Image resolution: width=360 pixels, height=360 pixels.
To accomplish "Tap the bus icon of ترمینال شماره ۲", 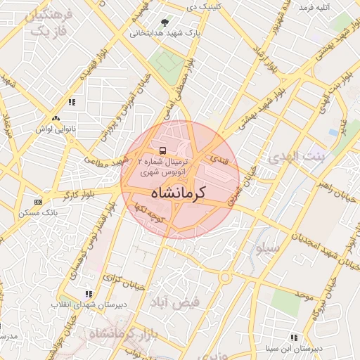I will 163,150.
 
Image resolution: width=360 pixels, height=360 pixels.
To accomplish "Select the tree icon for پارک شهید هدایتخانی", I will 165,22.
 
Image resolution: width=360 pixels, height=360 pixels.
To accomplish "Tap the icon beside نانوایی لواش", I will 56,118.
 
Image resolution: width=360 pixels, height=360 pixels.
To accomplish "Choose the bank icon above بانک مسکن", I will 37,202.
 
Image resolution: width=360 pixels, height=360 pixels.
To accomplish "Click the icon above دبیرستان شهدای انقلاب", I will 88,295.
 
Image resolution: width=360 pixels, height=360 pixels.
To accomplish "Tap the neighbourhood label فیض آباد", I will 175,302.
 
